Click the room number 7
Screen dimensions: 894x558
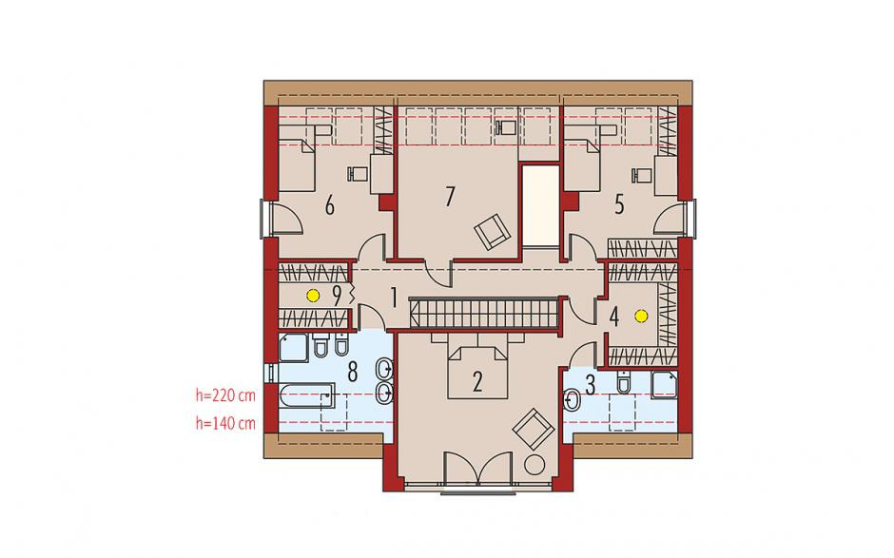tap(451, 197)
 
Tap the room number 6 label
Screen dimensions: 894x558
tap(330, 205)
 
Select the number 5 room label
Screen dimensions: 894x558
tap(620, 204)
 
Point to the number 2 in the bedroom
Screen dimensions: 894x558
tap(477, 381)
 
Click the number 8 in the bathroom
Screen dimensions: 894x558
tap(352, 373)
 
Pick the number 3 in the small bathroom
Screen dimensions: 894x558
tap(590, 385)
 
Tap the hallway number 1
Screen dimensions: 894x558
tap(393, 297)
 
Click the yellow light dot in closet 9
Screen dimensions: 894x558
tap(312, 296)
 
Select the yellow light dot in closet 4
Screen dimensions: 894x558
tap(642, 315)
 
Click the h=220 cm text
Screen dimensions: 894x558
tap(225, 395)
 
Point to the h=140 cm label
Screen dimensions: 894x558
tap(225, 423)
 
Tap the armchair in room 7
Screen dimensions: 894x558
tap(492, 231)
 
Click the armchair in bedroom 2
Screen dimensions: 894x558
tap(534, 429)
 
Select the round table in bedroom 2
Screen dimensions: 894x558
tap(534, 465)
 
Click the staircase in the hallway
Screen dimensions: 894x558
tap(483, 313)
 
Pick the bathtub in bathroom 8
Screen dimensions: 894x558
tap(306, 395)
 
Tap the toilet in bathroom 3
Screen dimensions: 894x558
tap(624, 382)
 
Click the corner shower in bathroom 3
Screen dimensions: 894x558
tap(664, 385)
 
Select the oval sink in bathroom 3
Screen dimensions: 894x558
tap(571, 400)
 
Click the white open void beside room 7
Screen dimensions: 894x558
tap(540, 206)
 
